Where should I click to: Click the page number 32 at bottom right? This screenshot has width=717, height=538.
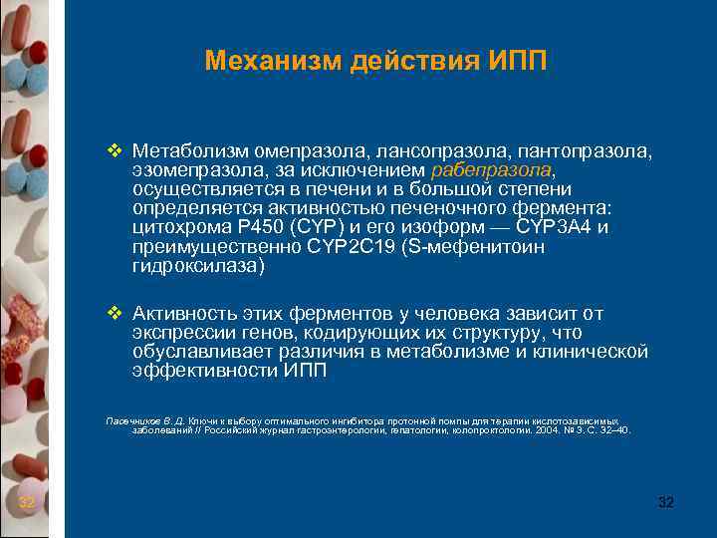pyautogui.click(x=666, y=502)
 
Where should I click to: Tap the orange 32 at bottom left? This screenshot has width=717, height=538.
pyautogui.click(x=27, y=502)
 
